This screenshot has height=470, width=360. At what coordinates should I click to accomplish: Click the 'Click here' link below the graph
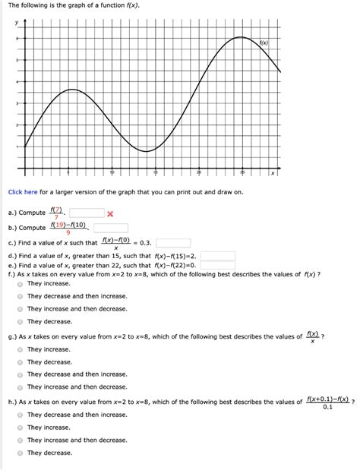coord(23,193)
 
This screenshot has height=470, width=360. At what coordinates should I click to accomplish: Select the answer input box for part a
coord(87,213)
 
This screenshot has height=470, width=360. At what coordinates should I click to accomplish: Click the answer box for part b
coord(111,228)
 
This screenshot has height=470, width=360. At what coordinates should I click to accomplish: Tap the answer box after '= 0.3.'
coord(172,243)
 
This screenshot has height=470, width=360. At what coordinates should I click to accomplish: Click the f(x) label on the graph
coord(264,43)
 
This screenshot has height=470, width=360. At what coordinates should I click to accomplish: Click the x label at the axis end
coord(271,174)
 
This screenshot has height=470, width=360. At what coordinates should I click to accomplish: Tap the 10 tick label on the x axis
coord(113,172)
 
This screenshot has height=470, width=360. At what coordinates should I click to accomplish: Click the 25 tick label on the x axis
coord(242,172)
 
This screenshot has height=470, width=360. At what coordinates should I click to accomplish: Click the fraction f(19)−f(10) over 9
coord(68,229)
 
